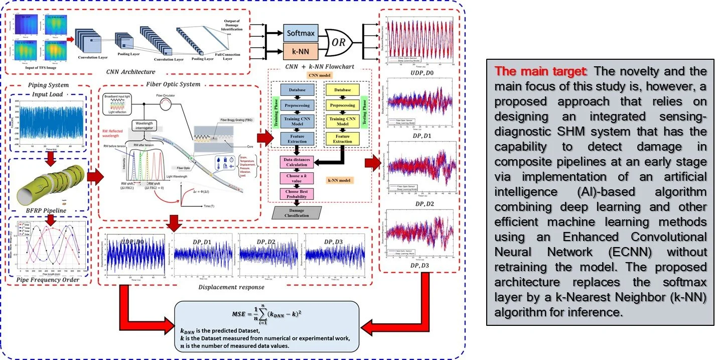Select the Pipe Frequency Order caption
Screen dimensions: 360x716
49,279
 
